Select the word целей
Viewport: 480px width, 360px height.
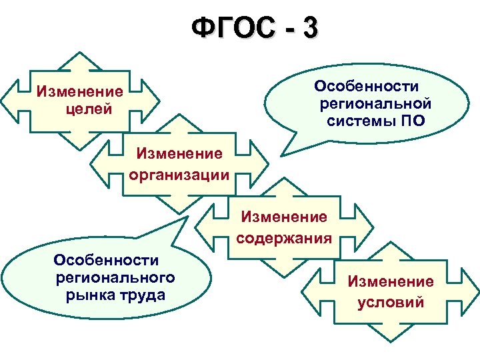[x=89, y=108]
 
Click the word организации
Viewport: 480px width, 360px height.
[x=178, y=175]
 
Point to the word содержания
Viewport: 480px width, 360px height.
[x=284, y=238]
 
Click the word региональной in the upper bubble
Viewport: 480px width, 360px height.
[x=375, y=104]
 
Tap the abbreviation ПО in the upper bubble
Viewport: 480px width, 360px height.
[x=411, y=121]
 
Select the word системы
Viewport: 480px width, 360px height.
[x=361, y=121]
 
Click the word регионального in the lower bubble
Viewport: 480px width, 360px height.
[x=116, y=277]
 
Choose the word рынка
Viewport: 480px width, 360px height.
[x=88, y=294]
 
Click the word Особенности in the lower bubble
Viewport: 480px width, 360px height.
[x=107, y=259]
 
